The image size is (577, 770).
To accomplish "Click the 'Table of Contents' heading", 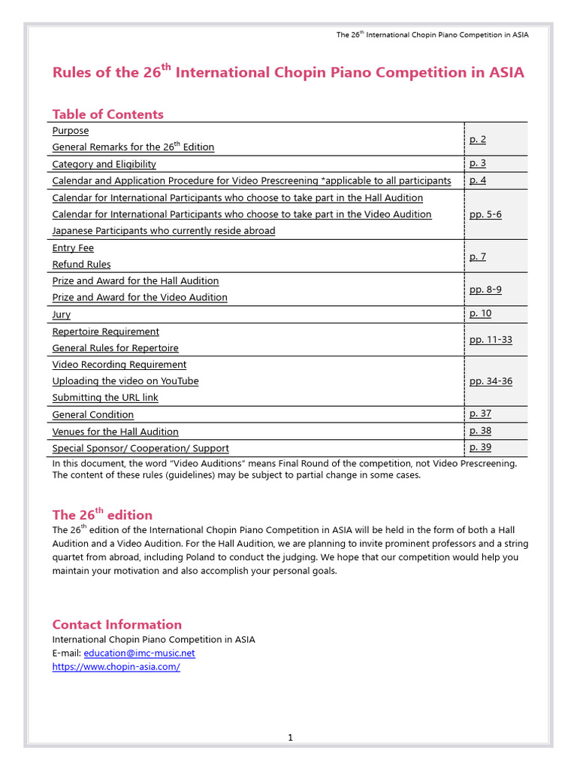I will [x=107, y=114].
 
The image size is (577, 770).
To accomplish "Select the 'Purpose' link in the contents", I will [x=71, y=131].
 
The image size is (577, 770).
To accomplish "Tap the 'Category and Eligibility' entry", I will [x=104, y=164].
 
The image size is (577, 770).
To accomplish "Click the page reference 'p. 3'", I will [x=478, y=163].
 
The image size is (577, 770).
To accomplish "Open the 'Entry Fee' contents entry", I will [x=73, y=248].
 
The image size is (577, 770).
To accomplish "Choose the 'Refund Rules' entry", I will [x=81, y=265].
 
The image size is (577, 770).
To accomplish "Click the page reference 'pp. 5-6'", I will [x=485, y=214].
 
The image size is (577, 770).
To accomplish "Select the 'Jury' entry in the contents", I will [x=62, y=315].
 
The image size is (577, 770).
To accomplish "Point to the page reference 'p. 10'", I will [x=480, y=314].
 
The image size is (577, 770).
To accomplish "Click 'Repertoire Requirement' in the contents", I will [x=106, y=332].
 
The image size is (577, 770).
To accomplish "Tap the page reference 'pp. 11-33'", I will [x=491, y=340].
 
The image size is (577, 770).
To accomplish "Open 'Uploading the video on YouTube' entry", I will [x=125, y=381].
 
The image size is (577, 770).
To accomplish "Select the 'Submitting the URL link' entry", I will [x=105, y=398].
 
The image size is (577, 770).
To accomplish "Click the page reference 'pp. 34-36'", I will [x=491, y=381].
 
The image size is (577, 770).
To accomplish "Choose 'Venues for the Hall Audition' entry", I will [x=115, y=432].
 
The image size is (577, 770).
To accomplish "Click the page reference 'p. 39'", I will [x=480, y=447].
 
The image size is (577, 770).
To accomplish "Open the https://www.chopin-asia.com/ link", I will [x=116, y=667].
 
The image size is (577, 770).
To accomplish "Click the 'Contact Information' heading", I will [x=116, y=624].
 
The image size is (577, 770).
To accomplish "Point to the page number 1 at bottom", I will [x=290, y=738].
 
